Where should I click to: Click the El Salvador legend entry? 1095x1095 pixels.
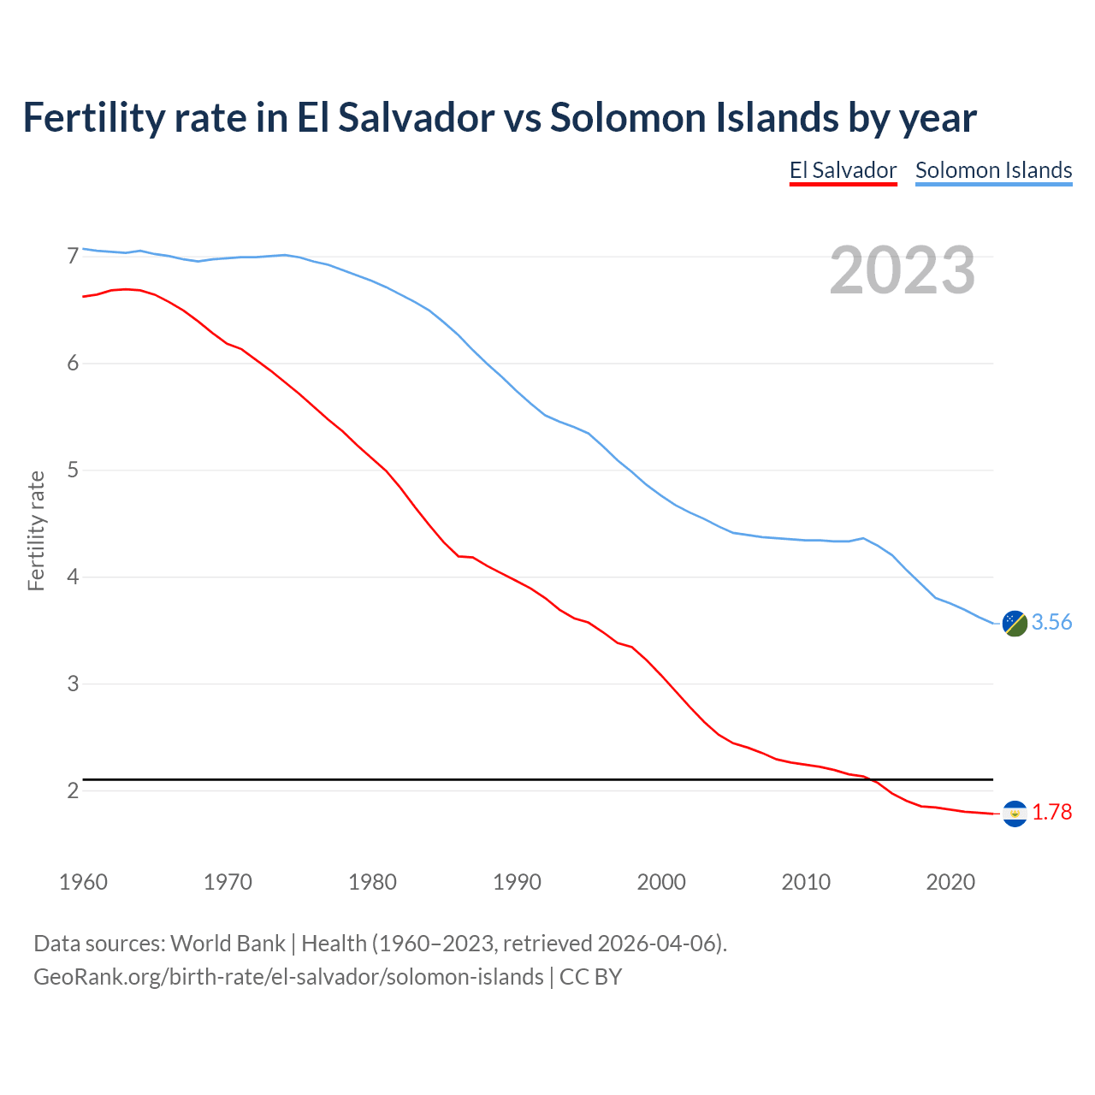pyautogui.click(x=843, y=170)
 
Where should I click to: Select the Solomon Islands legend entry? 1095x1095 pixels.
pyautogui.click(x=993, y=170)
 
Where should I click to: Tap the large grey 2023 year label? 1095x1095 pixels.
pyautogui.click(x=903, y=270)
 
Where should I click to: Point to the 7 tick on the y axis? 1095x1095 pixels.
pyautogui.click(x=73, y=257)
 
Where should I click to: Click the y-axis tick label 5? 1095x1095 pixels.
pyautogui.click(x=73, y=471)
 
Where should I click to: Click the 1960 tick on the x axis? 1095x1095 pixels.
pyautogui.click(x=83, y=882)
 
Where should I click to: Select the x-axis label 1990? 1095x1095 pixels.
pyautogui.click(x=517, y=882)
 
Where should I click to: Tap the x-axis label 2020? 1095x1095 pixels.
pyautogui.click(x=950, y=882)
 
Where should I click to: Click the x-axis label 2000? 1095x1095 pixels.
pyautogui.click(x=661, y=882)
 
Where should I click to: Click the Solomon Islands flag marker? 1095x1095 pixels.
pyautogui.click(x=1015, y=624)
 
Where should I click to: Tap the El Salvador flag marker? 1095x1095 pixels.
pyautogui.click(x=1015, y=813)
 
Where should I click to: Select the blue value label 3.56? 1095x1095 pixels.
pyautogui.click(x=1051, y=623)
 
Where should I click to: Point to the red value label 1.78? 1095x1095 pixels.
pyautogui.click(x=1051, y=813)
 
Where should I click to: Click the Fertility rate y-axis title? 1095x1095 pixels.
pyautogui.click(x=36, y=530)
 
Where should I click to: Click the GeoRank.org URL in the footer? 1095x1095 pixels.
pyautogui.click(x=288, y=977)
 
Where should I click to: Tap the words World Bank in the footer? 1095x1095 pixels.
pyautogui.click(x=228, y=944)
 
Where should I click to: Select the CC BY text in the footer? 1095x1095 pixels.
pyautogui.click(x=590, y=977)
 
